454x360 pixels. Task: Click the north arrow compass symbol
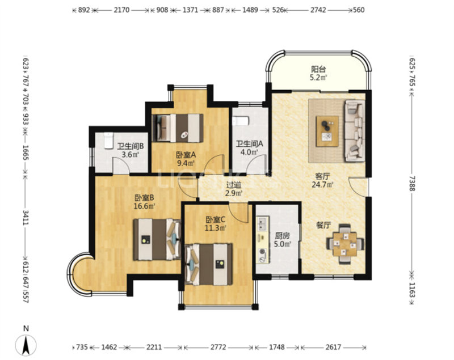[x=26, y=345]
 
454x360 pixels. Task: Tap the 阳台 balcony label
[x=318, y=69]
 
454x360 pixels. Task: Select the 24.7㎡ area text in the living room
[x=322, y=184]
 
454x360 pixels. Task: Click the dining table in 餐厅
[x=345, y=244]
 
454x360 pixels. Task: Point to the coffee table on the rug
[x=327, y=132]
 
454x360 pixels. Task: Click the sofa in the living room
[x=354, y=131]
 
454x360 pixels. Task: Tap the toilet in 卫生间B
[x=108, y=140]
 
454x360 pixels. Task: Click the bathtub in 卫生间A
[x=241, y=121]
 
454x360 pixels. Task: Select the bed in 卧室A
[x=178, y=128]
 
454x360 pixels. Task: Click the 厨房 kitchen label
[x=282, y=236]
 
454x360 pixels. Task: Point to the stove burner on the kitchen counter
[x=263, y=252]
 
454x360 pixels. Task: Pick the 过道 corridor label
[x=233, y=185]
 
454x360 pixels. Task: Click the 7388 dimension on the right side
[x=413, y=184]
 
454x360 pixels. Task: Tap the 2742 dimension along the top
[x=318, y=10]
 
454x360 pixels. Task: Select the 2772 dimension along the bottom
[x=218, y=347]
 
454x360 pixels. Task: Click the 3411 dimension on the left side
[x=26, y=218]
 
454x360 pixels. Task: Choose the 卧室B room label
[x=144, y=198]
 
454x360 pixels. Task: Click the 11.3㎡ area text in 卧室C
[x=216, y=228]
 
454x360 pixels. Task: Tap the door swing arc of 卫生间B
[x=121, y=163]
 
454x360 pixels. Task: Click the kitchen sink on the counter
[x=263, y=223]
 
